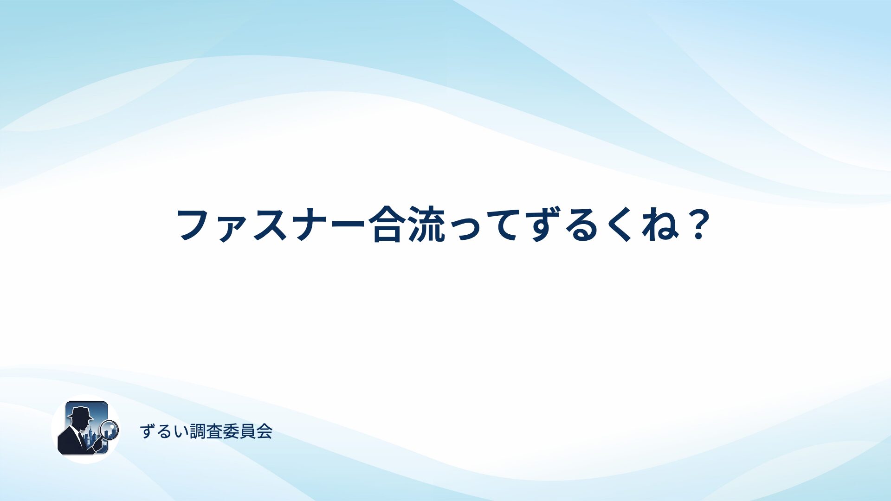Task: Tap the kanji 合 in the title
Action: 387,225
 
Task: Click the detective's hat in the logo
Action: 80,413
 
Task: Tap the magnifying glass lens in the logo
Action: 110,430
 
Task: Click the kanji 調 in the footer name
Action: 198,431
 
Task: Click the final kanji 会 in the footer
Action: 265,431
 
